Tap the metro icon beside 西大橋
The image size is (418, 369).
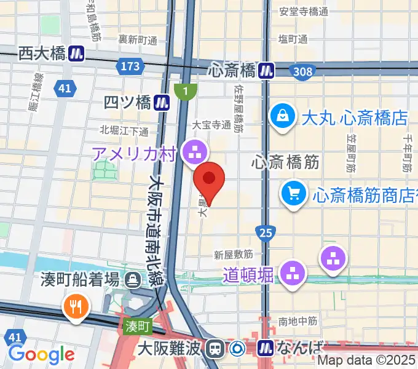click(x=77, y=54)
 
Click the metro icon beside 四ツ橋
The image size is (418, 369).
click(x=162, y=101)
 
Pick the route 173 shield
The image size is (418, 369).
click(x=130, y=66)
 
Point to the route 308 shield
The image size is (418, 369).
click(x=302, y=72)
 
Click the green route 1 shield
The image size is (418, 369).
click(x=184, y=91)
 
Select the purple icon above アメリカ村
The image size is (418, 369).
click(x=196, y=149)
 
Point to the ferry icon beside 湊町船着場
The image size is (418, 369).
click(x=132, y=280)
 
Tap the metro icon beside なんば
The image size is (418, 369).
click(x=267, y=349)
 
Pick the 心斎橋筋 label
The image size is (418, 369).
click(x=285, y=162)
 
